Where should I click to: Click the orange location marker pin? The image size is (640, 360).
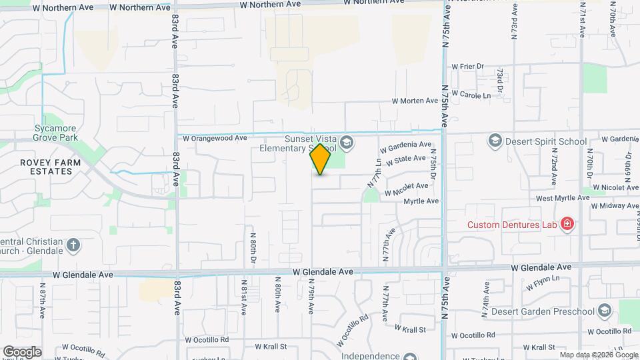(320, 159)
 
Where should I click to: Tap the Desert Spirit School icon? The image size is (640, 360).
(495, 141)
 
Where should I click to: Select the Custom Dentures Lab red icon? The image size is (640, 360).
(567, 224)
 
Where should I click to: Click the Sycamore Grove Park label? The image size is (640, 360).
(56, 133)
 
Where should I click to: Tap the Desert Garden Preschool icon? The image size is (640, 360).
(604, 311)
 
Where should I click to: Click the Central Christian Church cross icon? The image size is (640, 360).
(73, 246)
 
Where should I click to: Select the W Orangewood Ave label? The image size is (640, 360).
(214, 139)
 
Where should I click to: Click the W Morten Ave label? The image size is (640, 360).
(414, 101)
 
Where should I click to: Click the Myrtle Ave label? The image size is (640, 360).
(421, 201)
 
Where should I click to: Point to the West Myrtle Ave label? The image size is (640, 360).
(563, 198)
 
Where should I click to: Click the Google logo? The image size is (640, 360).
(22, 352)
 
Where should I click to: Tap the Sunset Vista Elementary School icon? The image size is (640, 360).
(346, 141)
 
